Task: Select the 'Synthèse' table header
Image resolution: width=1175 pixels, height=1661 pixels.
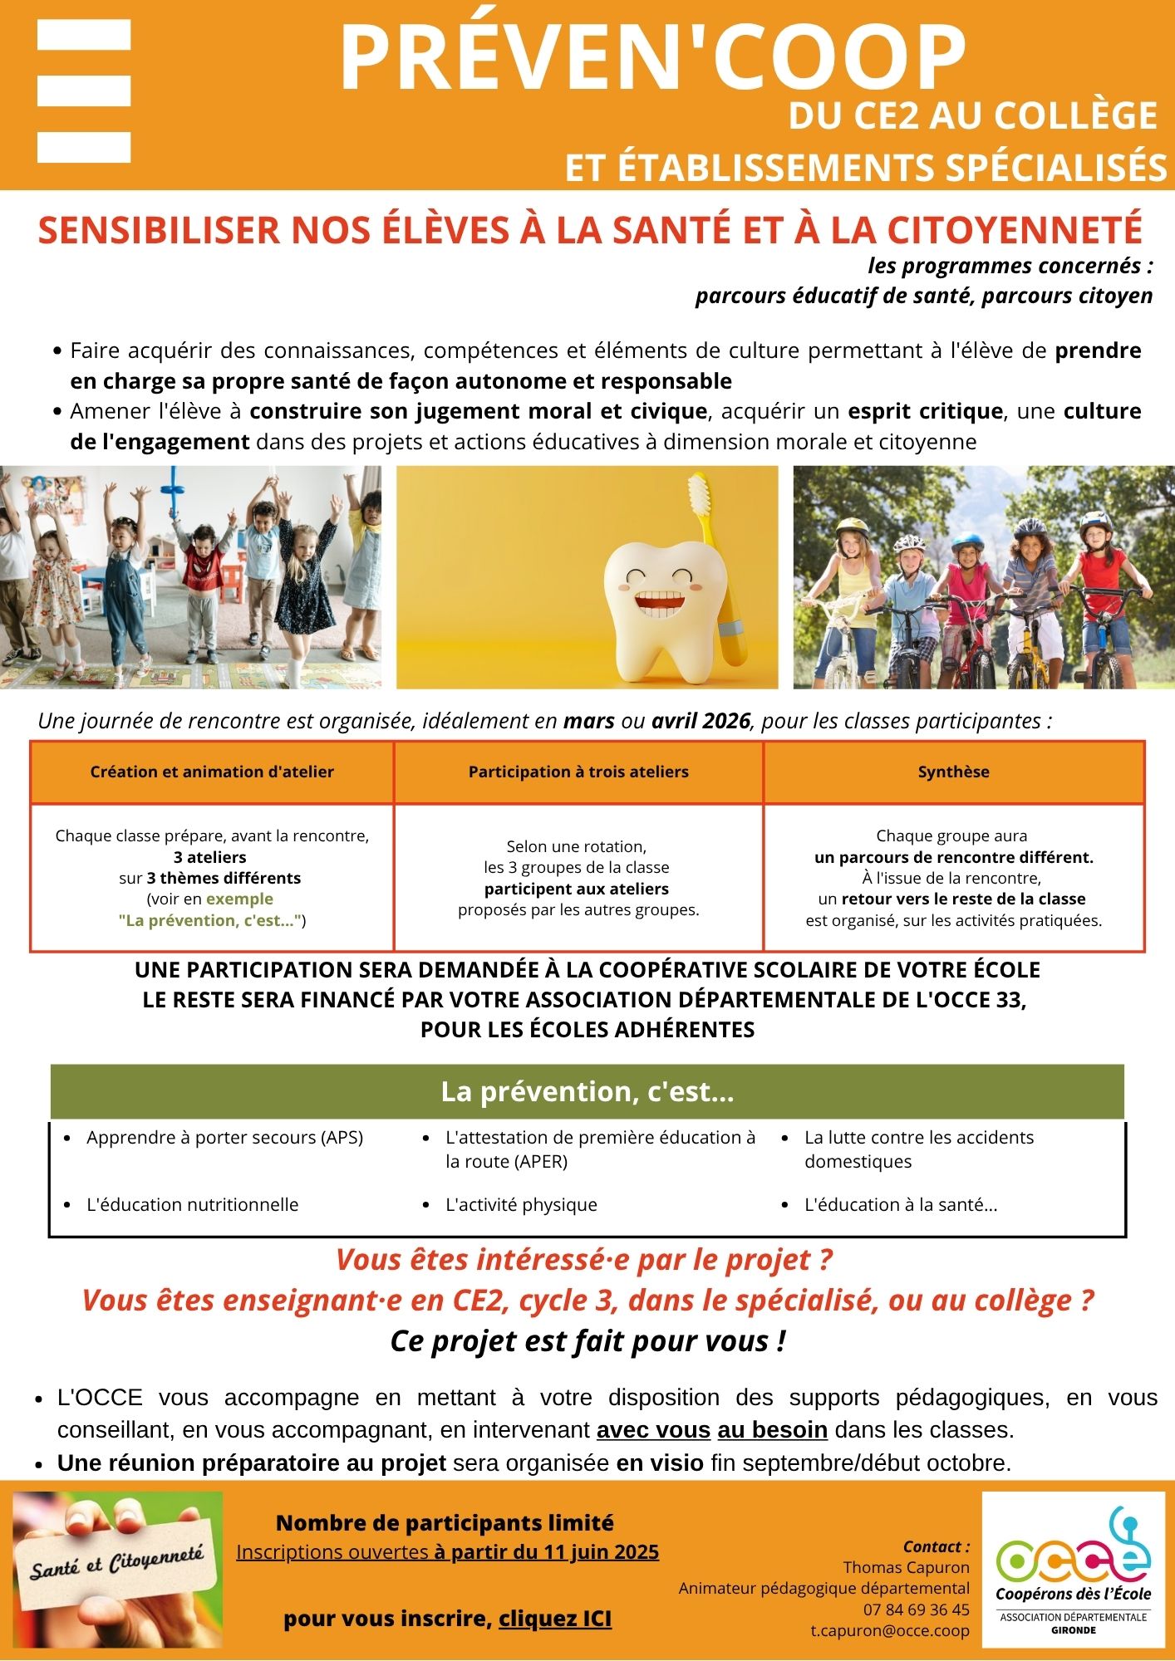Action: tap(953, 772)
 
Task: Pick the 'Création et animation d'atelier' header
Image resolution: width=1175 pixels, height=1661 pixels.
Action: tap(212, 772)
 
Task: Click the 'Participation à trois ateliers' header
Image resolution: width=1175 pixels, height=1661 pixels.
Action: tap(578, 772)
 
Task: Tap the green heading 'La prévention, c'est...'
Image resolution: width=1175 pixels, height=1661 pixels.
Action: tap(587, 1091)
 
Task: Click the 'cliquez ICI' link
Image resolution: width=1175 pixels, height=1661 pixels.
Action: tap(555, 1619)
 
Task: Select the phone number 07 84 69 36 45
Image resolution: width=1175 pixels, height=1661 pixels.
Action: tap(916, 1610)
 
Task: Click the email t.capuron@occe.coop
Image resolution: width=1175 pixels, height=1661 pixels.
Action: tap(890, 1630)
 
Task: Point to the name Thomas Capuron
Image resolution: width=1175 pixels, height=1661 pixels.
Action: tap(906, 1567)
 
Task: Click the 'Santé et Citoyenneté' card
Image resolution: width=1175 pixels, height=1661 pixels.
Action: tap(117, 1570)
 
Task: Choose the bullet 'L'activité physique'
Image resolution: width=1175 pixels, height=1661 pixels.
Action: tap(521, 1204)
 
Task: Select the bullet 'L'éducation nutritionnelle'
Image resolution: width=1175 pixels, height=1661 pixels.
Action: tap(192, 1204)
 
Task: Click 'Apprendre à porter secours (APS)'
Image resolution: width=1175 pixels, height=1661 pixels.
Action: tap(224, 1137)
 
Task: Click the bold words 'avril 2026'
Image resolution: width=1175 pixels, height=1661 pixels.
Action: tap(701, 720)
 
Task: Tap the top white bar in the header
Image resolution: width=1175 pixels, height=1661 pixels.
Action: tap(84, 35)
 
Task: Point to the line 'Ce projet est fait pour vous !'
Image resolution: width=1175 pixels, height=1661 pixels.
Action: tap(587, 1341)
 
